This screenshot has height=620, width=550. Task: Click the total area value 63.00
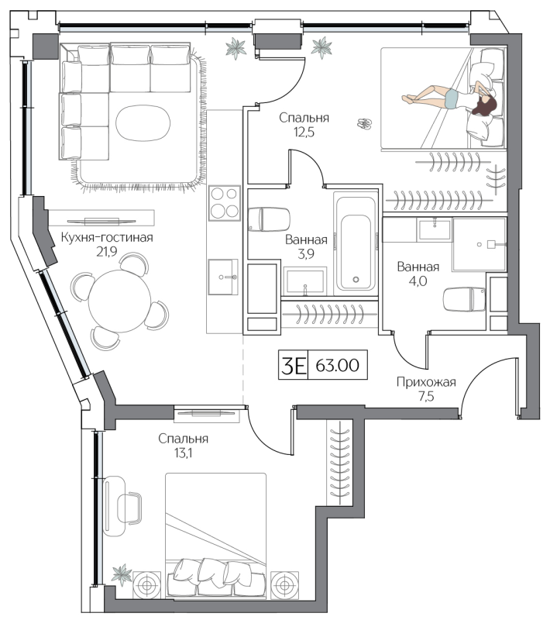[338, 365]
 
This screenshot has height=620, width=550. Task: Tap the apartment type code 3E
[293, 365]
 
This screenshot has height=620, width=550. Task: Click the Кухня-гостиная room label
[107, 237]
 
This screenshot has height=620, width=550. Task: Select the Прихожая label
[426, 382]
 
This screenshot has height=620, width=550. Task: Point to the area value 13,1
[183, 453]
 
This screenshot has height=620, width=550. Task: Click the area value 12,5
[304, 132]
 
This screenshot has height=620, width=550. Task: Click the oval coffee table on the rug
[143, 122]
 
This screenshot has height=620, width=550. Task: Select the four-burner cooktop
[225, 203]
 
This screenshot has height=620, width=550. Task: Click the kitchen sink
[223, 277]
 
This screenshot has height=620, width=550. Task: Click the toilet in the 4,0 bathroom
[464, 299]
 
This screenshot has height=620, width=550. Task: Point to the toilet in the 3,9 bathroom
[269, 219]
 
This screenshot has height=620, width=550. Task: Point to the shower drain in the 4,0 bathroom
[480, 245]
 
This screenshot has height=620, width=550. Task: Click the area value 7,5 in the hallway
[426, 396]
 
